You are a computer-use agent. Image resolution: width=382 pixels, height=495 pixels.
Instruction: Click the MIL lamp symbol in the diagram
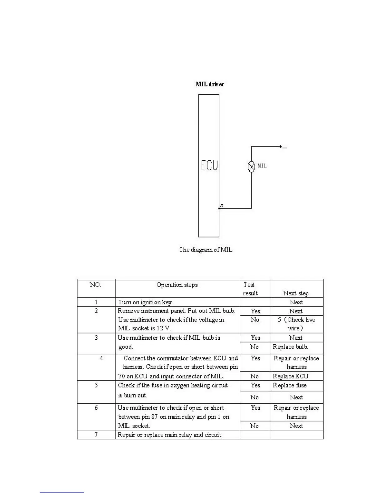(251, 167)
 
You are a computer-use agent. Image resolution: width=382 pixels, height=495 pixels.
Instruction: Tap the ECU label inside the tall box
(209, 165)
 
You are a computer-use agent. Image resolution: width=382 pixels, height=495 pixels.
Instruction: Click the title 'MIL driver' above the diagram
(210, 84)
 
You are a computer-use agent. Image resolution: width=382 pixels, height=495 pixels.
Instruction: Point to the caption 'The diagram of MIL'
(206, 250)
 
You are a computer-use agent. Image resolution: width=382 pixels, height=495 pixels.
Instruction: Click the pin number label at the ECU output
(222, 205)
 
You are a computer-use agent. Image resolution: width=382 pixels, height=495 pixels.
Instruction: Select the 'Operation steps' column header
(177, 285)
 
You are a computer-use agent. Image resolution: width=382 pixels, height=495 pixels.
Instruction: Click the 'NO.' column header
(95, 285)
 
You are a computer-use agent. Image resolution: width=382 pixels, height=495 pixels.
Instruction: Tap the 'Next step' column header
(296, 293)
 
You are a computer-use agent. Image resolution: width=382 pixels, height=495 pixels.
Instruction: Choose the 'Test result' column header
(250, 289)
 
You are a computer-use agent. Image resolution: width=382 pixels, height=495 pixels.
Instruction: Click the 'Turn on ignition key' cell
(145, 302)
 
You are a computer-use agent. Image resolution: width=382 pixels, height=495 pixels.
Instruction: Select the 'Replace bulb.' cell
(290, 347)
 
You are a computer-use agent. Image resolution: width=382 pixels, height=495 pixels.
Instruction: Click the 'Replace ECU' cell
(290, 376)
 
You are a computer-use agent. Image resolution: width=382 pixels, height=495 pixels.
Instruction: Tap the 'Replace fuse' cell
(290, 385)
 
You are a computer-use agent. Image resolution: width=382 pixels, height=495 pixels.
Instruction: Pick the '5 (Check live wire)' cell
(296, 324)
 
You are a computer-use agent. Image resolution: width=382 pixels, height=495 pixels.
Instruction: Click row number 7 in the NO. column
(96, 435)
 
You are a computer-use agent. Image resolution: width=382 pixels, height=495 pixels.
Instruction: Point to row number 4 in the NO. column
(101, 358)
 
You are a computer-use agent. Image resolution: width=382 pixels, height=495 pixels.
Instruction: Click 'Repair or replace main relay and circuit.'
(170, 435)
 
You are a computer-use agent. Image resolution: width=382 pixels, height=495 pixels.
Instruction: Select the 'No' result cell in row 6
(254, 426)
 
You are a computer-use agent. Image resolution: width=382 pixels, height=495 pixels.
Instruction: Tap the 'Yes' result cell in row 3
(255, 338)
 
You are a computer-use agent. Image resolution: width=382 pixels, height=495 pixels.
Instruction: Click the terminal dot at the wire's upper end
(280, 146)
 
